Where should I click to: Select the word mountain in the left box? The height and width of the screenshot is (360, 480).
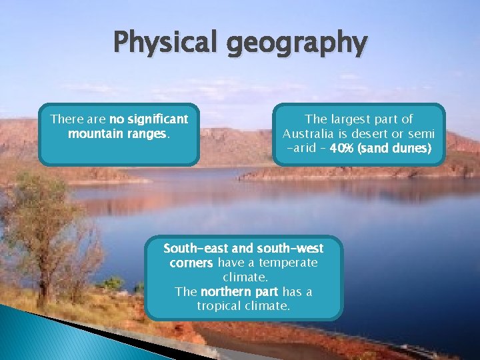click(93, 133)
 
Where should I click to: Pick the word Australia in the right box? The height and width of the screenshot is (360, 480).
click(311, 134)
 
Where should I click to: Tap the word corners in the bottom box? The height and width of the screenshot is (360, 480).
click(191, 263)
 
